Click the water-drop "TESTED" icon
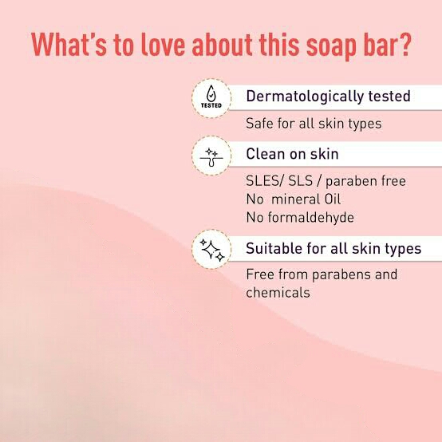point(211,98)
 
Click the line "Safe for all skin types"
point(314,124)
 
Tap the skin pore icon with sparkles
point(211,156)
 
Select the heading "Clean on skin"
point(292,154)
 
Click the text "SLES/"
point(264,181)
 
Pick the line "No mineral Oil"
point(294,199)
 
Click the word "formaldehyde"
point(310,217)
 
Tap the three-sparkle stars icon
point(211,249)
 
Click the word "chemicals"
point(278,292)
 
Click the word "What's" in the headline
point(69,45)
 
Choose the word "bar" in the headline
point(377,45)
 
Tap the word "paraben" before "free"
point(352,182)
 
